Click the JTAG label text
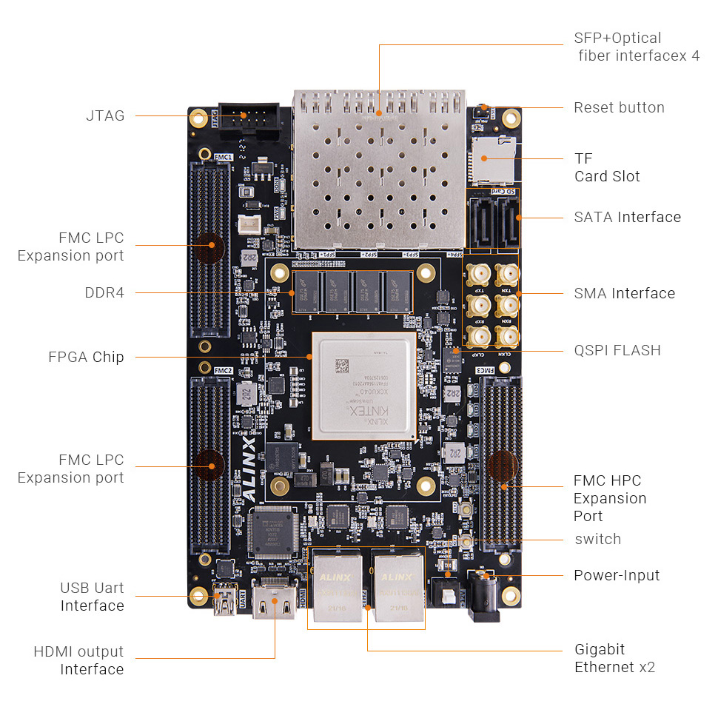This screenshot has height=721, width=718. (x=105, y=115)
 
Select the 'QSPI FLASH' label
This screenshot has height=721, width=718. (x=617, y=350)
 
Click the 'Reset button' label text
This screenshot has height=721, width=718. (x=619, y=107)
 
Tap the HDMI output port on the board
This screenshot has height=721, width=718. (x=275, y=601)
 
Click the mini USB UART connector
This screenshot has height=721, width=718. (x=222, y=602)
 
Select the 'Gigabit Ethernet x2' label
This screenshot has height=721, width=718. (x=614, y=658)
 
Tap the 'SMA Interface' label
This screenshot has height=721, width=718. (x=624, y=293)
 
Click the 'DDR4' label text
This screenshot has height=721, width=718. (x=104, y=292)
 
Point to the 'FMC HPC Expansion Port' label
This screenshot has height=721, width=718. (x=610, y=498)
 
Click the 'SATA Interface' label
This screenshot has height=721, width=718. (x=627, y=217)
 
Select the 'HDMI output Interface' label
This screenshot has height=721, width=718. (x=78, y=660)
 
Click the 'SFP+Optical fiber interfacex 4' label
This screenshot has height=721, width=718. (x=636, y=47)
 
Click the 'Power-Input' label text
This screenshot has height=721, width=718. (x=616, y=575)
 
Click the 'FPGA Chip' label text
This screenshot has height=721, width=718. (x=86, y=358)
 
